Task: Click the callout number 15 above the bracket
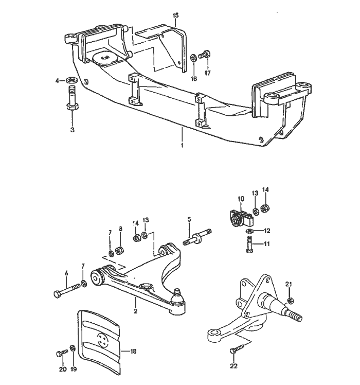click(x=176, y=16)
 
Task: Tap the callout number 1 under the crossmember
click(x=182, y=146)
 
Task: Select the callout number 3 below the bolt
click(x=73, y=130)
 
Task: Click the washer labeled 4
click(x=71, y=81)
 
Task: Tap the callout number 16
click(x=193, y=79)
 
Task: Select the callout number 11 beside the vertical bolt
click(x=266, y=244)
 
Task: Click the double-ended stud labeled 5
click(x=197, y=239)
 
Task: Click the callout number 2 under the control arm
click(x=135, y=311)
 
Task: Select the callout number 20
click(x=62, y=369)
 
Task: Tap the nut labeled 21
click(x=290, y=301)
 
